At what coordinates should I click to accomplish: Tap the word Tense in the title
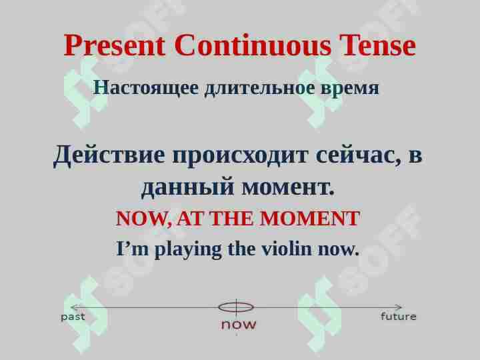click(x=377, y=46)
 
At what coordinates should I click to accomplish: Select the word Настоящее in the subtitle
click(x=146, y=87)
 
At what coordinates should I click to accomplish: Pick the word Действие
click(x=109, y=155)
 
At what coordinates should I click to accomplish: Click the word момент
click(x=288, y=187)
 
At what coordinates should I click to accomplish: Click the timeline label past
click(x=73, y=317)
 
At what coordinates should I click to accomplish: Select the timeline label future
click(x=398, y=317)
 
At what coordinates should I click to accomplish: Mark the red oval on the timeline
click(x=236, y=307)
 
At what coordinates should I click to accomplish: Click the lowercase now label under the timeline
click(x=239, y=325)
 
